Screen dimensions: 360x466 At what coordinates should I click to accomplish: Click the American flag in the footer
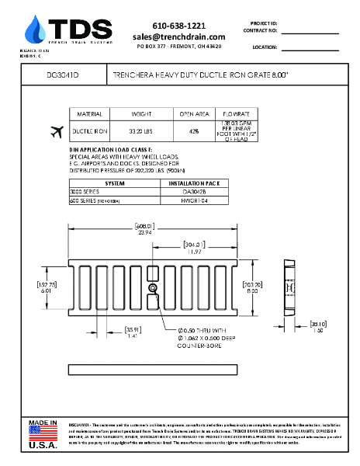click(x=43, y=433)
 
